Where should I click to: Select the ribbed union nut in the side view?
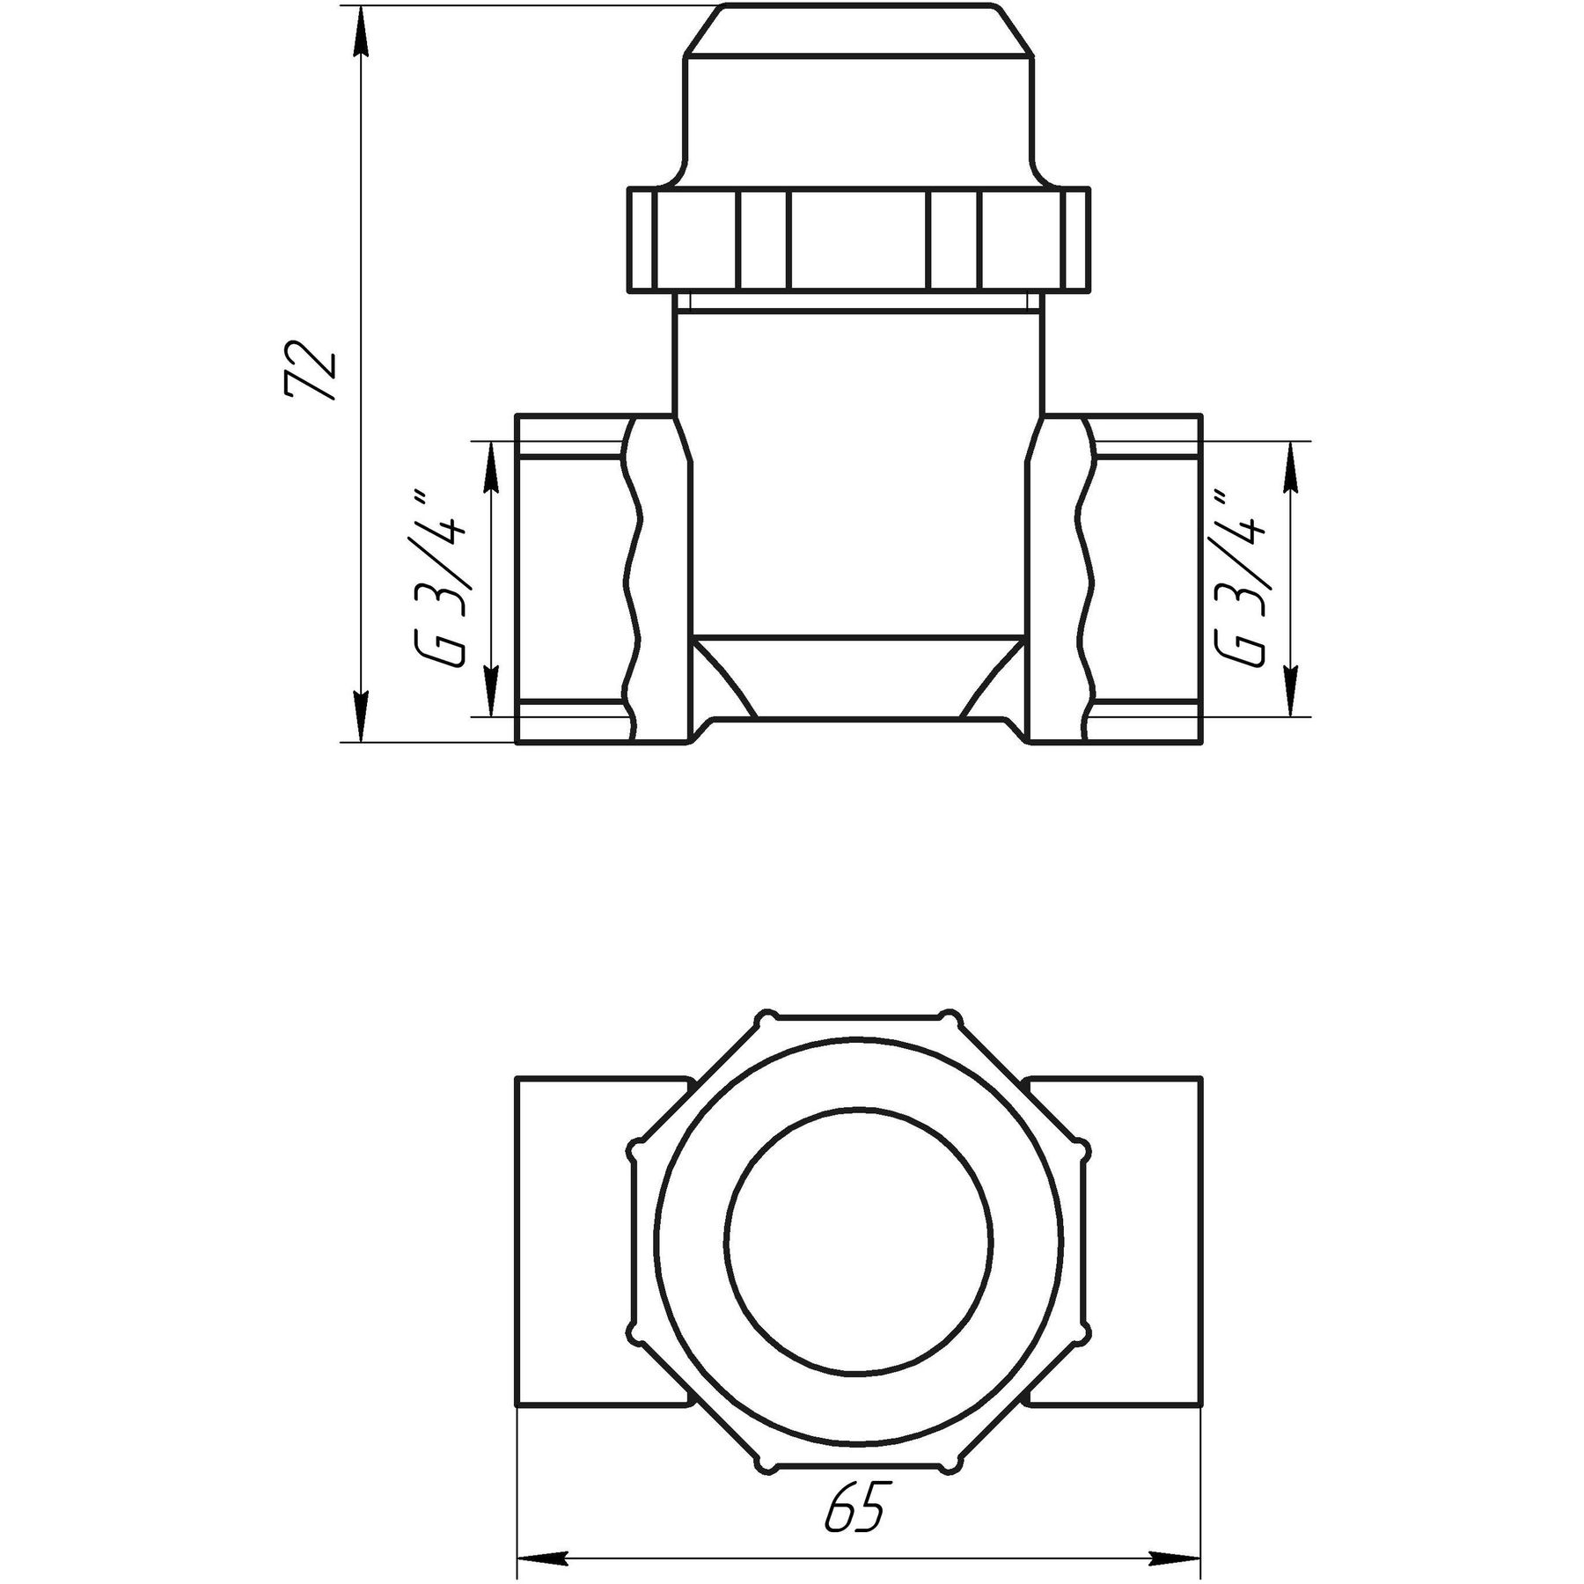pos(858,239)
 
